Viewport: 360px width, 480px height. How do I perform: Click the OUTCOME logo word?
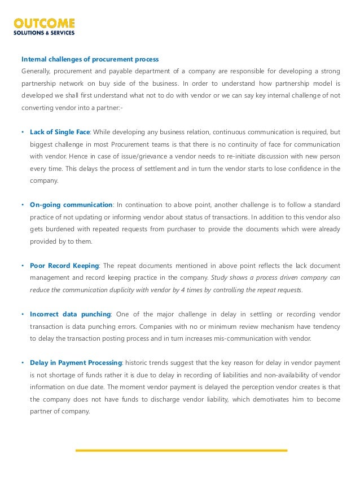point(44,24)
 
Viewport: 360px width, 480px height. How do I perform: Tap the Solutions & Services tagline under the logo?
point(44,32)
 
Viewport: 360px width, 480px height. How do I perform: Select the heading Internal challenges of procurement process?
point(90,59)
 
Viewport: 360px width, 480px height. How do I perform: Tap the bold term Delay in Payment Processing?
point(76,362)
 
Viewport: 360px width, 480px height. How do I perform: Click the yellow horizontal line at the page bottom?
point(181,450)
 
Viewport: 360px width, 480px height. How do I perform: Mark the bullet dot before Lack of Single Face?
point(22,133)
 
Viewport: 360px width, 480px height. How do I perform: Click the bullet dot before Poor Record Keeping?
point(22,266)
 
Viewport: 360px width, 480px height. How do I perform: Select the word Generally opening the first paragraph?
point(36,71)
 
